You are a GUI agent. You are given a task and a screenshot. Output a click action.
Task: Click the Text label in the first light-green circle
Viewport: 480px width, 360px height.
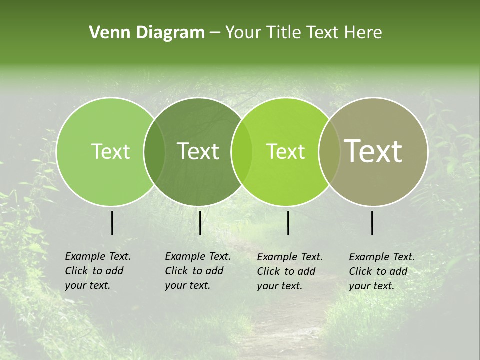pos(110,151)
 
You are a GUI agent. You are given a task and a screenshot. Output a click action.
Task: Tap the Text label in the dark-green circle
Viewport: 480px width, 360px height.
pos(198,151)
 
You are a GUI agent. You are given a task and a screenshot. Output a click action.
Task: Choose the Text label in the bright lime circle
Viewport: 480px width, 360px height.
pos(285,151)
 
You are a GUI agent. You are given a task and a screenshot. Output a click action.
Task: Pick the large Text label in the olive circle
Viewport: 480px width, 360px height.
pos(373,151)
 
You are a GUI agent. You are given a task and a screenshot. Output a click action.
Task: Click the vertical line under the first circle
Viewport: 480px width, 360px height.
pos(112,223)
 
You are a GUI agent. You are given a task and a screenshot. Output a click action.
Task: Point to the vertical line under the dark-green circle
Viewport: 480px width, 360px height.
pos(200,223)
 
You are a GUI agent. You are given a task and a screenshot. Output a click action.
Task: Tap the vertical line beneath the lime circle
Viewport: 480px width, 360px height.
pos(288,223)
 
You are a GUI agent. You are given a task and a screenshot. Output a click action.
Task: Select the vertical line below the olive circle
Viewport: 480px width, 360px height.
pos(372,223)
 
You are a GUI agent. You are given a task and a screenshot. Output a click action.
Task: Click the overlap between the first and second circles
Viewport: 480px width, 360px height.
pos(154,151)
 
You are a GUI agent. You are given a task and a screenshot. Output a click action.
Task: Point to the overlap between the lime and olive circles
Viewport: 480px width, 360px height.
pos(329,151)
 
